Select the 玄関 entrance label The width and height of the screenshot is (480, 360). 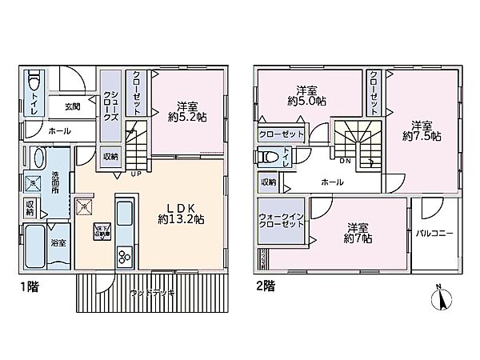(x=73, y=104)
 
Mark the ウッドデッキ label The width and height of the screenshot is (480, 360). (x=150, y=294)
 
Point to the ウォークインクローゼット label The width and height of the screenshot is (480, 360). (x=279, y=220)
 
